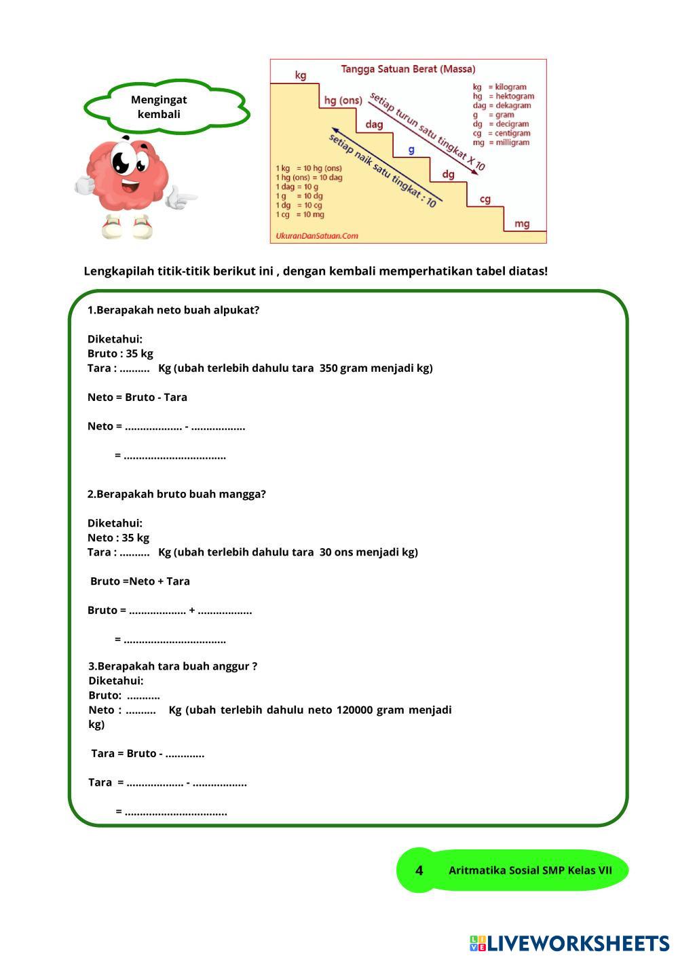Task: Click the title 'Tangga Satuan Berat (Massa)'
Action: click(x=407, y=69)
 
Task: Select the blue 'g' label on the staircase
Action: click(x=411, y=150)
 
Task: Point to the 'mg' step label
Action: click(x=522, y=224)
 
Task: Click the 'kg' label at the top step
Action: click(x=301, y=75)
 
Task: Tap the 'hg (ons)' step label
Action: click(x=343, y=100)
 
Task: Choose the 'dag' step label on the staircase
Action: click(x=374, y=125)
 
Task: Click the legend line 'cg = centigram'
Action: click(x=501, y=134)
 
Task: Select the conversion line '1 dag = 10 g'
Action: click(x=297, y=187)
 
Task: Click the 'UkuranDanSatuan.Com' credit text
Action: click(x=316, y=236)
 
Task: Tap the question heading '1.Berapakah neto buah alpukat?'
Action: click(x=173, y=310)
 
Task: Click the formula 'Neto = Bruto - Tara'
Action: click(x=137, y=398)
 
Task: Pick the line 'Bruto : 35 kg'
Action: click(x=120, y=353)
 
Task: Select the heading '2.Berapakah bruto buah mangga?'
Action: click(x=176, y=494)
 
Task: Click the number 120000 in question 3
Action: click(x=354, y=710)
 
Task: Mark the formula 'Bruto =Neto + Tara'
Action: click(x=140, y=581)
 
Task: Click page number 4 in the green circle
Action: click(x=419, y=870)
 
